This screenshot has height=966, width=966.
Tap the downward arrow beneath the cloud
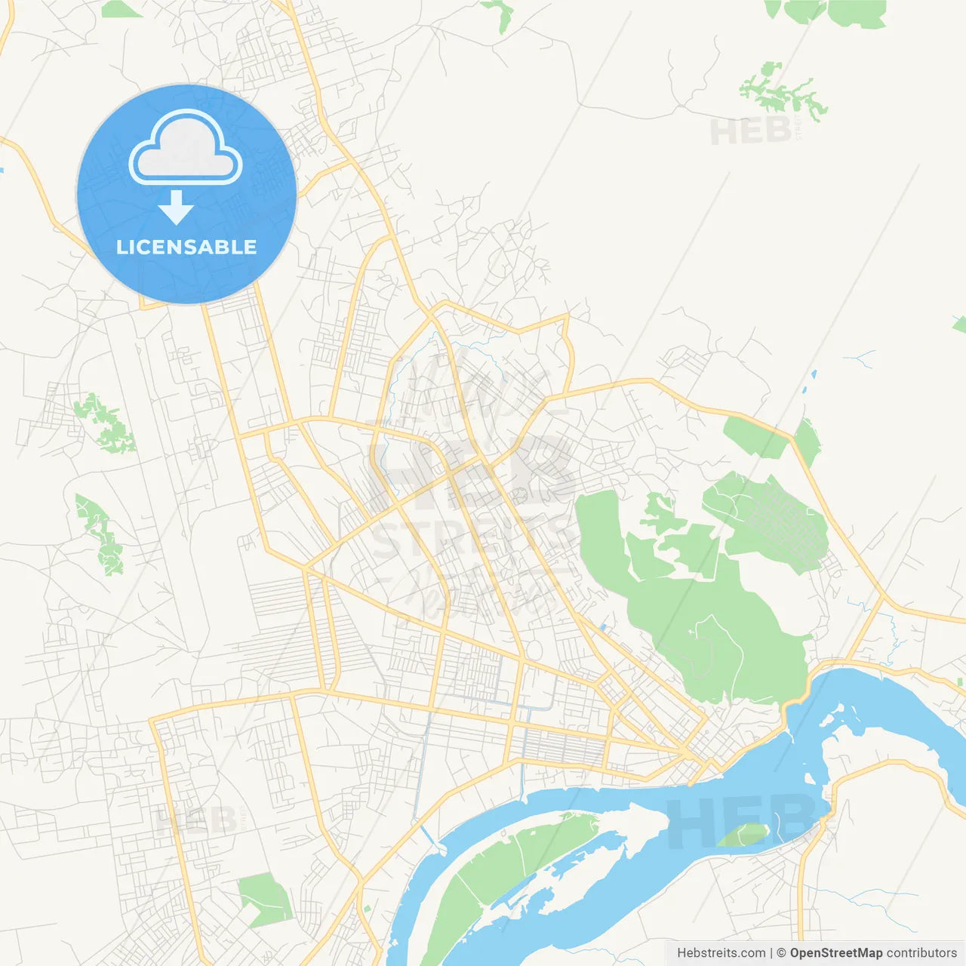[177, 208]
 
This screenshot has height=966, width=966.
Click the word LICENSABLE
[186, 247]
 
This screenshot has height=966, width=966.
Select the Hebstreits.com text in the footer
[721, 953]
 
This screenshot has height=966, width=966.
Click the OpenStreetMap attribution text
[835, 953]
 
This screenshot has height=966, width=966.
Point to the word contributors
[921, 953]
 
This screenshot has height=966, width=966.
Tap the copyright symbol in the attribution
[781, 953]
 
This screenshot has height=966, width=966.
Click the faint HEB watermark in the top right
[751, 131]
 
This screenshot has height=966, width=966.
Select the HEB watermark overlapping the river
[740, 823]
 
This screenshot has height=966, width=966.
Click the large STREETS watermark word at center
[472, 537]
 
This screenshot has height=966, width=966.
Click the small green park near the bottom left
[264, 898]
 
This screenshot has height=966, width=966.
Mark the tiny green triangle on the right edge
[960, 325]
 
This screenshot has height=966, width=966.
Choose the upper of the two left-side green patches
[104, 423]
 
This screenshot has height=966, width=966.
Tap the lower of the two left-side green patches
[100, 532]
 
